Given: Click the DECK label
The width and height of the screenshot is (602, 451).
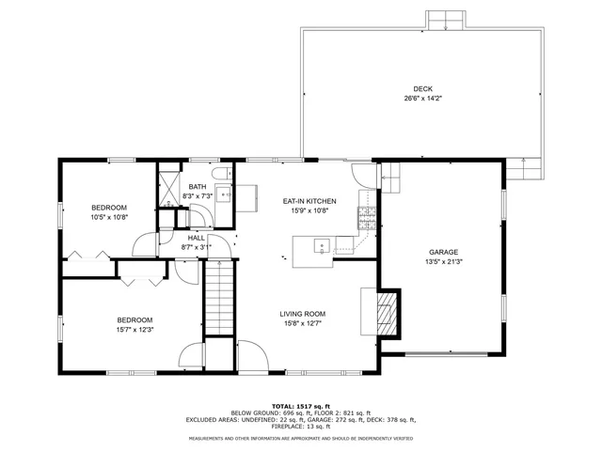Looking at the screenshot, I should pyautogui.click(x=422, y=88).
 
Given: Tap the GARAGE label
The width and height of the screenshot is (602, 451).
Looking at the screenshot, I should pyautogui.click(x=443, y=252).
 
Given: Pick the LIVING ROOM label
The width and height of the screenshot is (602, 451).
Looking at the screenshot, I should pyautogui.click(x=302, y=314).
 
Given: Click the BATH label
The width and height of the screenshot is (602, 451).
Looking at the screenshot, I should pyautogui.click(x=197, y=187).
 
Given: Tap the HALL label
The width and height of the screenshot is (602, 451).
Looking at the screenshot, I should pyautogui.click(x=196, y=238).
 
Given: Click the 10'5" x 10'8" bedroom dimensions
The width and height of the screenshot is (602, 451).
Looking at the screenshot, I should pyautogui.click(x=109, y=217).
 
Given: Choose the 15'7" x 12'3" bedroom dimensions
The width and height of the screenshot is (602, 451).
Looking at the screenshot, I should pyautogui.click(x=135, y=330).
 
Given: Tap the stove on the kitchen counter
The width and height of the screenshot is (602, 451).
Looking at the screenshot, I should pyautogui.click(x=367, y=220).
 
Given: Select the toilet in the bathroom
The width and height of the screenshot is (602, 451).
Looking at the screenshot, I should pyautogui.click(x=220, y=176).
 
